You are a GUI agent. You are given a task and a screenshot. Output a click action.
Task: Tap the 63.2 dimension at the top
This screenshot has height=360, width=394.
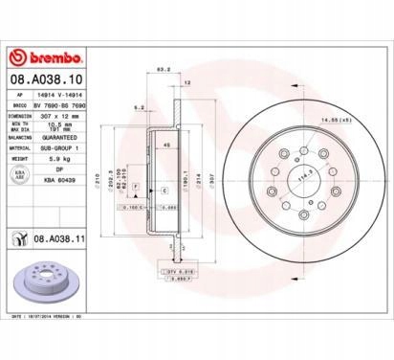click(x=163, y=69)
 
